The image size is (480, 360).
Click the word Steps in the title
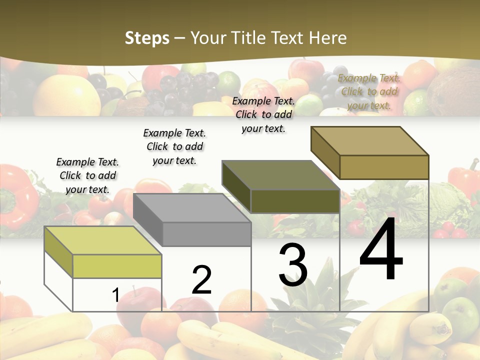pyautogui.click(x=147, y=38)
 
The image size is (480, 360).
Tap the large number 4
pyautogui.click(x=381, y=249)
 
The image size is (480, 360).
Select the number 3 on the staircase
pyautogui.click(x=292, y=265)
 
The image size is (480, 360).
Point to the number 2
pyautogui.click(x=201, y=279)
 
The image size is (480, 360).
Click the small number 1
pyautogui.click(x=115, y=295)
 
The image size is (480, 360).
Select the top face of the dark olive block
pyautogui.click(x=280, y=175)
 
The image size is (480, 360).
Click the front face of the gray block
pyautogui.click(x=206, y=234)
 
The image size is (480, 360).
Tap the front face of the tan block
pyautogui.click(x=384, y=167)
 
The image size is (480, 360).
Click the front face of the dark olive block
pyautogui.click(x=295, y=201)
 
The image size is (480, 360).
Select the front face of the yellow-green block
pyautogui.click(x=117, y=266)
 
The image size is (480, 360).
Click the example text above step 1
pyautogui.click(x=87, y=175)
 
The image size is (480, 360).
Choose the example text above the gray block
pyautogui.click(x=174, y=146)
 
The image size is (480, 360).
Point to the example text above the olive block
pyautogui.click(x=263, y=114)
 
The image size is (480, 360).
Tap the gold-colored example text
pyautogui.click(x=369, y=91)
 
